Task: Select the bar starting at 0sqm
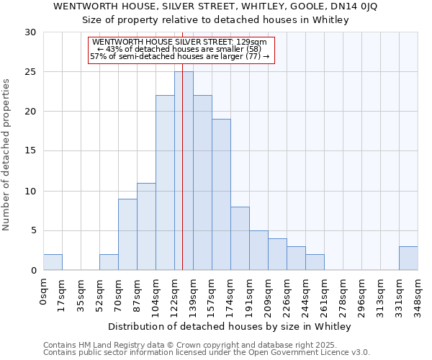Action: (x=53, y=262)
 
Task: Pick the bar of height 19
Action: (x=221, y=194)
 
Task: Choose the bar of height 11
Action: (x=146, y=226)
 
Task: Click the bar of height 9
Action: (x=127, y=234)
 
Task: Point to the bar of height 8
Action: (x=240, y=238)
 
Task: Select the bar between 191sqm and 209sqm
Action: (x=258, y=250)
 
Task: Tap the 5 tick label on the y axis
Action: (x=32, y=231)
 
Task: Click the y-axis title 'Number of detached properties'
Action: (x=6, y=155)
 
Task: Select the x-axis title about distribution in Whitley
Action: (x=230, y=327)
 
